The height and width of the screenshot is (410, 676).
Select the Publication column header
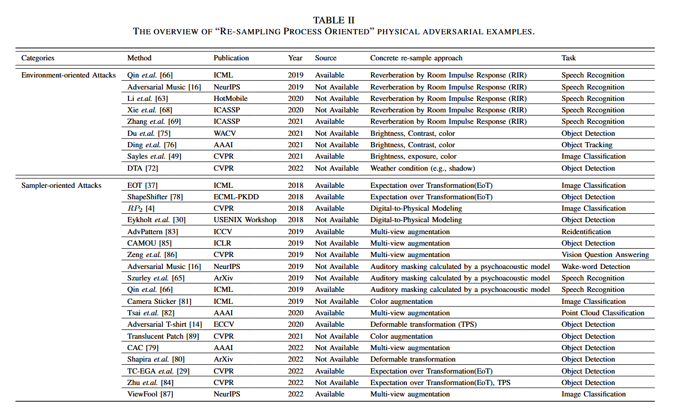231,58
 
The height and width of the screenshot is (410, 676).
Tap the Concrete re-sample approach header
416,58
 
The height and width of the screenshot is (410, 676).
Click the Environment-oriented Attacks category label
68,75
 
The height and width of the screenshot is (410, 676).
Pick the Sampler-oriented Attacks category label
61,185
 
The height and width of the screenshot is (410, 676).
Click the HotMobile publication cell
231,98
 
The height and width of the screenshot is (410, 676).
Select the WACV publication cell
224,133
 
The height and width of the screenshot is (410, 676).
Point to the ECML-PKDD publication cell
235,197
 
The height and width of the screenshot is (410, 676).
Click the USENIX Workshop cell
245,220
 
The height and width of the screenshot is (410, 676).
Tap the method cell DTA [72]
142,168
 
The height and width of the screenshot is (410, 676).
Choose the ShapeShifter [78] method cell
155,197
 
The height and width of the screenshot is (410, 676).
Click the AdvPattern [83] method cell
151,232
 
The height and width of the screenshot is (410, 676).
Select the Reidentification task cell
586,232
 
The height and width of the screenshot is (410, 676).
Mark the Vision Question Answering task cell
605,254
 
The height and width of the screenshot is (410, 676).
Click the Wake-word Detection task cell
595,266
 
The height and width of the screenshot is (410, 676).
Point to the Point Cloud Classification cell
603,313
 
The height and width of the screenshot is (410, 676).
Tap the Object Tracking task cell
586,145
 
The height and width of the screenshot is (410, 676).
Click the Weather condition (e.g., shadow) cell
423,168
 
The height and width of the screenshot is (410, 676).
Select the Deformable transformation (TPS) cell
423,324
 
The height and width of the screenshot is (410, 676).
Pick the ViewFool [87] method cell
150,394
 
